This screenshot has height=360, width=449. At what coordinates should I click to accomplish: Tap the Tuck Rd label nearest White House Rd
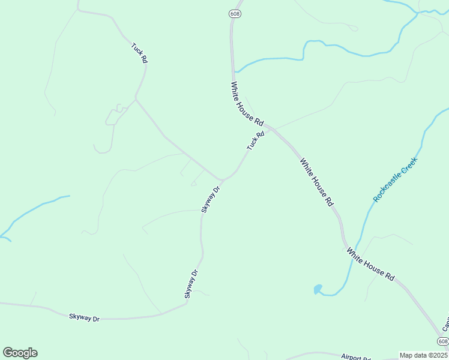255,141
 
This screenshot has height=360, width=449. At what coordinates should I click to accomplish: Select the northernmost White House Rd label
247,104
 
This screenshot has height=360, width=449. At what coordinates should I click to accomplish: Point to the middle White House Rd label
316,182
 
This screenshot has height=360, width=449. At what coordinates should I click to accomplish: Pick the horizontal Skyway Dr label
84,317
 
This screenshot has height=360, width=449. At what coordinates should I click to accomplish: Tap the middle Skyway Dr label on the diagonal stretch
191,284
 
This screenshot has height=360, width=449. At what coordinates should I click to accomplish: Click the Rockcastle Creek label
395,179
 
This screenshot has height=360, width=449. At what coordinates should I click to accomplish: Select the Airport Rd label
357,356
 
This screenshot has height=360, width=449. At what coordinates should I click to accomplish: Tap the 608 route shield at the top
234,14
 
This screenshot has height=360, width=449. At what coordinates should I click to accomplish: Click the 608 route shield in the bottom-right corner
442,341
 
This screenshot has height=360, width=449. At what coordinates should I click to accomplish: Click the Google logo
20,352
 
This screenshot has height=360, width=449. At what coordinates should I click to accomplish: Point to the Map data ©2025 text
424,355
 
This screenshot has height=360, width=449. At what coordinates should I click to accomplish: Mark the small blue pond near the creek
318,290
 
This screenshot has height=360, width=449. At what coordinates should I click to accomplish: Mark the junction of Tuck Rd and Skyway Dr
223,179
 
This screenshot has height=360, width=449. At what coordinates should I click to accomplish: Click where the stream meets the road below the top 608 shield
234,71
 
